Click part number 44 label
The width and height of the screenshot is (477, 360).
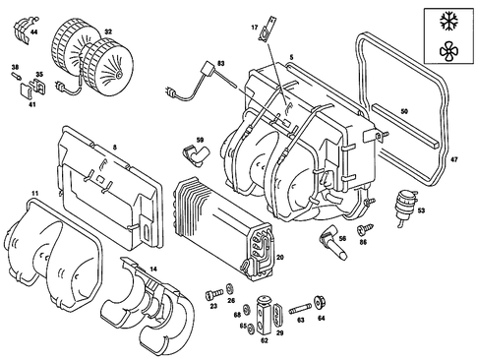click(35, 32)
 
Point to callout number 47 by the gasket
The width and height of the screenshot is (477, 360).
click(453, 157)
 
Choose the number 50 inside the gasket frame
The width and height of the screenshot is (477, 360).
click(404, 111)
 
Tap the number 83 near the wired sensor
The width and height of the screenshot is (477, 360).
click(221, 63)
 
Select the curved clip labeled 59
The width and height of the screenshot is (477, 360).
click(194, 153)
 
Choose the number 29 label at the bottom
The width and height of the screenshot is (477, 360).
click(279, 334)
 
